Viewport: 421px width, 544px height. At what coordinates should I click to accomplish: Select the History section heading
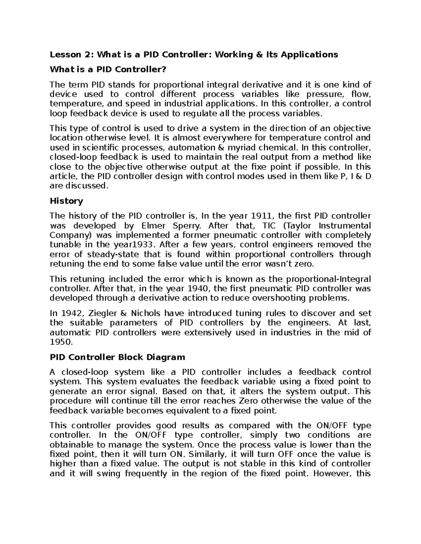pyautogui.click(x=66, y=201)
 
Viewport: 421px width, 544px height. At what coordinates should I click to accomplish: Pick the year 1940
pyautogui.click(x=198, y=289)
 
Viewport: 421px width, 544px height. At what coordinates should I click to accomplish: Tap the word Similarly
pyautogui.click(x=208, y=454)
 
